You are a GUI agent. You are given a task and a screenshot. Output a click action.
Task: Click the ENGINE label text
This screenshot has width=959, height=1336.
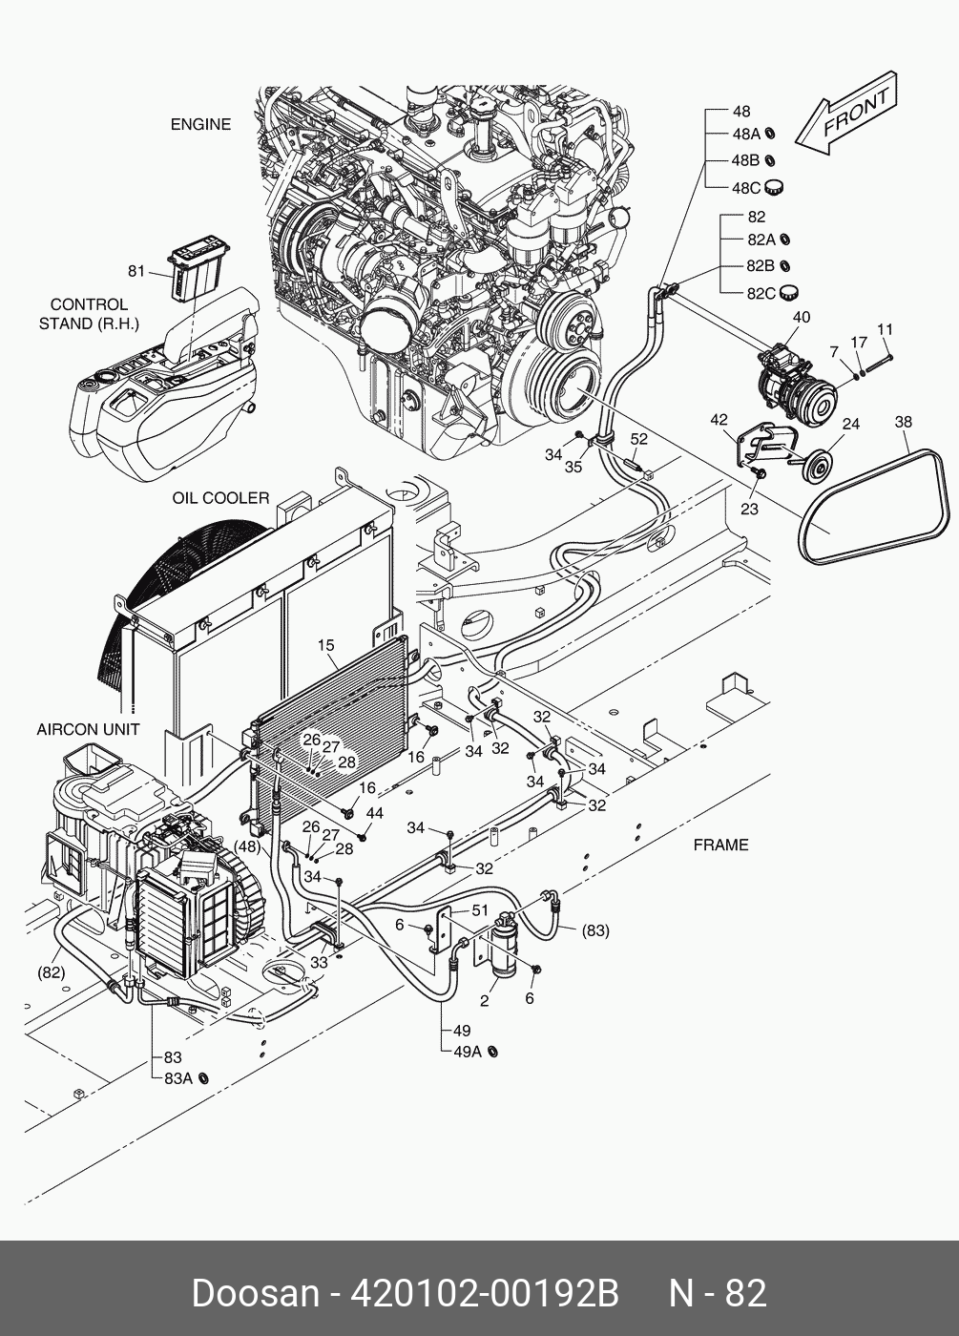(200, 124)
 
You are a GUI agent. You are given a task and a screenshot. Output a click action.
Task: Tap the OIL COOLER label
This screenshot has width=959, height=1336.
(220, 498)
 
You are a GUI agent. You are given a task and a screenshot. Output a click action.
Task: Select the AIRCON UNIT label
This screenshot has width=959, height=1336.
(88, 730)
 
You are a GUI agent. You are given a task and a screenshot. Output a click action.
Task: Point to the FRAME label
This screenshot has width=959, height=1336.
(720, 845)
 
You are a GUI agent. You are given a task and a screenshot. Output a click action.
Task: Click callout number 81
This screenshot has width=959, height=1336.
(137, 271)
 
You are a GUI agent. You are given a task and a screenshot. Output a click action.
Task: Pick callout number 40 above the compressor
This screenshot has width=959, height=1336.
(802, 317)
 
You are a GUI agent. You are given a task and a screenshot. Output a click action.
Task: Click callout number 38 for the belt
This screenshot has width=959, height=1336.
(903, 422)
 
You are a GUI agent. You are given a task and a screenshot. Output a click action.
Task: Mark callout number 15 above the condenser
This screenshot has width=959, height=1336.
(327, 646)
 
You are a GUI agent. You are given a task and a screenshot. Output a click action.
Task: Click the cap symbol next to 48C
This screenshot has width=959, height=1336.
(774, 187)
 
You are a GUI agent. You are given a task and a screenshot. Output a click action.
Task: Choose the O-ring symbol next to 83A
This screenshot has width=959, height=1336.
(202, 1078)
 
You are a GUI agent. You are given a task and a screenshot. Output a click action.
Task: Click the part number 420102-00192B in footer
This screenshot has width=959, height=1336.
(485, 1293)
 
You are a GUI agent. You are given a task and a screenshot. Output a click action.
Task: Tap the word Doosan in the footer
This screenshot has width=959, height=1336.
(255, 1293)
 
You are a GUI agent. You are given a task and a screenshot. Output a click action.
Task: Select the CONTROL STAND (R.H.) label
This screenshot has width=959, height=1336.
(89, 314)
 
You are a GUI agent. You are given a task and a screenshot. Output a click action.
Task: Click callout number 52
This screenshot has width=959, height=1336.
(638, 439)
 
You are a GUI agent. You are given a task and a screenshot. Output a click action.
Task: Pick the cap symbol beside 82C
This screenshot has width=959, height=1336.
(788, 292)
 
